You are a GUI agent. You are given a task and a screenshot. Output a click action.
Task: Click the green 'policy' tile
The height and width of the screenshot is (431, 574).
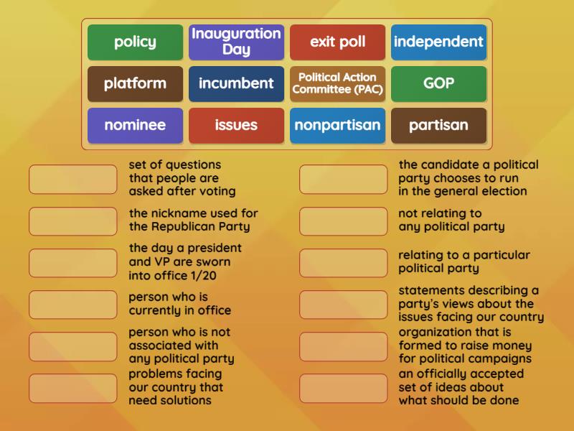point(135,42)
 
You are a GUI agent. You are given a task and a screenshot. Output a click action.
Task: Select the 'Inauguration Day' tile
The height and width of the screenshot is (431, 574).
point(236,42)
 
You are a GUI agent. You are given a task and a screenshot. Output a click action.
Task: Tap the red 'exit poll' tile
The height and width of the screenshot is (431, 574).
point(337,42)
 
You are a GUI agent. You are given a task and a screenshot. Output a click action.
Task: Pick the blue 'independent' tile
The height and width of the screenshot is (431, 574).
point(438,42)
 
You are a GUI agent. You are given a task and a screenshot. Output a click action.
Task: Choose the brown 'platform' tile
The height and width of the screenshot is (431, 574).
point(135,83)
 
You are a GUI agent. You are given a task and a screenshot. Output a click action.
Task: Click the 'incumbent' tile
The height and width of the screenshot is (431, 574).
point(236,83)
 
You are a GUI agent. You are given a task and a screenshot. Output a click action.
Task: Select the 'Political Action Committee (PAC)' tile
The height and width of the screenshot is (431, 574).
point(337,83)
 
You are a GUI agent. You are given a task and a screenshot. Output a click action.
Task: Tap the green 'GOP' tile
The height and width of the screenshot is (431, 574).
point(438,83)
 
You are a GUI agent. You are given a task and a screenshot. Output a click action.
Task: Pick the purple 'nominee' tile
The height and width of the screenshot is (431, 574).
point(135,125)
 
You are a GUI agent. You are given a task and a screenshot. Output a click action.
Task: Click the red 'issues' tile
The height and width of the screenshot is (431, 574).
point(236,125)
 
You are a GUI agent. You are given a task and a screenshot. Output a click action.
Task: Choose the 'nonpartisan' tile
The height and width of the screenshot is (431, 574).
point(337,125)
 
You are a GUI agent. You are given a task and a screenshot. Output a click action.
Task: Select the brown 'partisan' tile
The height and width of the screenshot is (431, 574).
point(438,125)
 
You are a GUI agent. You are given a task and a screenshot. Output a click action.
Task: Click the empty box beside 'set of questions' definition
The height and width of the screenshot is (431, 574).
point(73,179)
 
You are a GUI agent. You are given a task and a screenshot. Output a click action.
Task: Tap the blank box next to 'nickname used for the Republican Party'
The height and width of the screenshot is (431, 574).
point(73,221)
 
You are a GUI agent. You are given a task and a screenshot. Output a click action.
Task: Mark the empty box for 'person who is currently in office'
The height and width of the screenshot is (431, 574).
point(73,304)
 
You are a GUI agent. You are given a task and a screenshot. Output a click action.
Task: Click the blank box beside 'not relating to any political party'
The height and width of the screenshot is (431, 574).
point(343,221)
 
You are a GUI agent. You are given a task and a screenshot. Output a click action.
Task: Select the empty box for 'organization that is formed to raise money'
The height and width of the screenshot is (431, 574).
point(343,346)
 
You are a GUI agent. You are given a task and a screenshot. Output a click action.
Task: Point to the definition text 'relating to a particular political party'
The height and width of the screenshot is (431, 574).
point(464,261)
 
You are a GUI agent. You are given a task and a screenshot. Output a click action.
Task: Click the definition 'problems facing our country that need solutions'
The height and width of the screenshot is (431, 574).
point(176,387)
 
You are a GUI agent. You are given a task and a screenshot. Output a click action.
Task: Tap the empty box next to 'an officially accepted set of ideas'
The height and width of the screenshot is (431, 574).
point(343,388)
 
